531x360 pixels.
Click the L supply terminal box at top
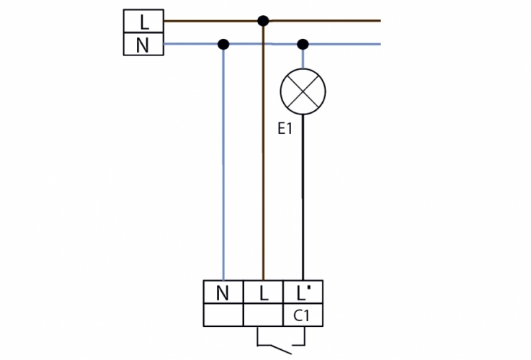[143, 22]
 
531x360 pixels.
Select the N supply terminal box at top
[143, 45]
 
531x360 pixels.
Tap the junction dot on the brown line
[263, 21]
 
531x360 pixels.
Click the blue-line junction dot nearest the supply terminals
[223, 45]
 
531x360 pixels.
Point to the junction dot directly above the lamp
[303, 45]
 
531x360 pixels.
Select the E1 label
[285, 130]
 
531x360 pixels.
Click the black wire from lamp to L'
[303, 202]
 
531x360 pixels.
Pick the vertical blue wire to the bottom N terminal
[223, 166]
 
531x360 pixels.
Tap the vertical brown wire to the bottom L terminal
[263, 166]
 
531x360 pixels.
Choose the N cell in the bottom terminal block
[224, 292]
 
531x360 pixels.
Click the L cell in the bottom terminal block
[264, 292]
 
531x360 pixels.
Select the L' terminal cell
[303, 292]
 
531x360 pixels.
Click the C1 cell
[303, 315]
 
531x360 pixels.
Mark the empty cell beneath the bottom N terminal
[224, 315]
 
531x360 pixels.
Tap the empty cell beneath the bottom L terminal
[264, 315]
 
